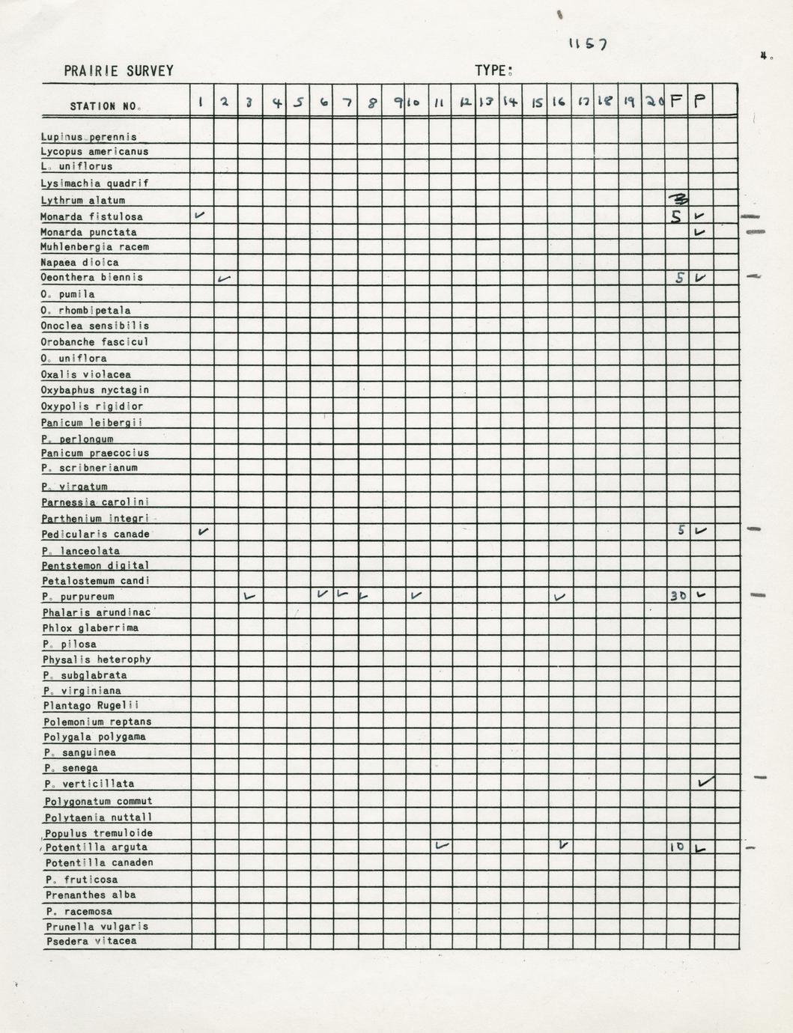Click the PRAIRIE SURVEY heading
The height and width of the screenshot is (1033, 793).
[x=118, y=71]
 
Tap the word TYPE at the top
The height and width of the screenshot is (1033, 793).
[x=492, y=71]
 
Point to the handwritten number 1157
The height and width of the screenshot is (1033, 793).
[x=587, y=44]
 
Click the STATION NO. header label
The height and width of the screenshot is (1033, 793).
[x=105, y=106]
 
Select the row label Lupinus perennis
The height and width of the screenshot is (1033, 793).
[x=89, y=137]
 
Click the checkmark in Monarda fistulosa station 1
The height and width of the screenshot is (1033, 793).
[x=200, y=215]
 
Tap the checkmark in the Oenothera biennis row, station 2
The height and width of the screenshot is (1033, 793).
[x=224, y=278]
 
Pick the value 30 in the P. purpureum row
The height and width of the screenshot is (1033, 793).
[x=678, y=596]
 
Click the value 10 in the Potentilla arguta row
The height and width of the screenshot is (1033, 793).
[x=677, y=847]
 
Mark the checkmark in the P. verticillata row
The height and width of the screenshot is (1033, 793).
[x=705, y=782]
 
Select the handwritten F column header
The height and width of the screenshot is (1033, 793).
[x=676, y=101]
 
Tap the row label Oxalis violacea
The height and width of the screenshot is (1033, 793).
[x=86, y=374]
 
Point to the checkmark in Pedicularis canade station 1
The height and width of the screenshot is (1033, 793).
[x=202, y=531]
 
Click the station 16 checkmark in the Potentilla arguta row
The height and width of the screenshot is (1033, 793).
[x=563, y=845]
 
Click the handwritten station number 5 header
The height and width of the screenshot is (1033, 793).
[x=298, y=103]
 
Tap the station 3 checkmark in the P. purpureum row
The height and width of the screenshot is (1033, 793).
[x=250, y=597]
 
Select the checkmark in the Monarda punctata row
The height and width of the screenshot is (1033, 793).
[x=699, y=232]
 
